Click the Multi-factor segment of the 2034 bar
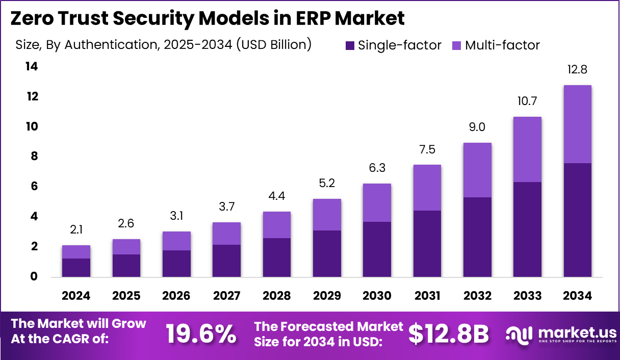577,124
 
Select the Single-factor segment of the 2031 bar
427,244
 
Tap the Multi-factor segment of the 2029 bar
327,215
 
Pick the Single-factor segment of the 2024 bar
76,268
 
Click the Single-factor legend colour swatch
350,45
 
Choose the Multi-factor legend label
502,45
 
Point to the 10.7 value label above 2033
527,101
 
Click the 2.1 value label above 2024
76,230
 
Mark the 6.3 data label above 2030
377,168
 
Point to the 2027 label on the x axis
226,296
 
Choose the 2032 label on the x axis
477,296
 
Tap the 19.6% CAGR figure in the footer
201,334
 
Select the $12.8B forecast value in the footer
449,334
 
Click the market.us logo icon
519,334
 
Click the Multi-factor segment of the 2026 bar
176,241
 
